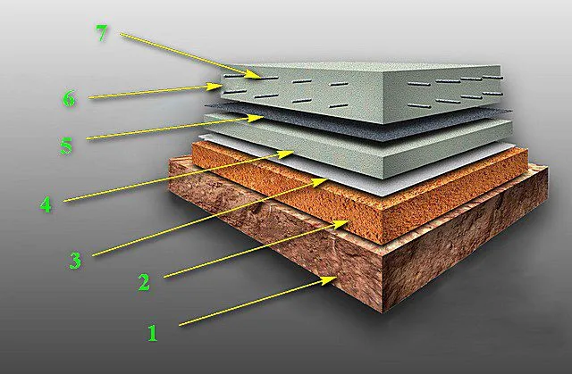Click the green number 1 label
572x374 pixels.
tap(153, 333)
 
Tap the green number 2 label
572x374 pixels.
tap(144, 282)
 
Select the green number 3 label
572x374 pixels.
tap(75, 261)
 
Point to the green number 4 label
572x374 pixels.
tap(46, 204)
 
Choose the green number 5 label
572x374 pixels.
tap(66, 146)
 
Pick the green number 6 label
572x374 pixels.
tap(69, 99)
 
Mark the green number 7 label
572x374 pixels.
tap(102, 34)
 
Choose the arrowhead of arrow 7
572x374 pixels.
tap(255, 75)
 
